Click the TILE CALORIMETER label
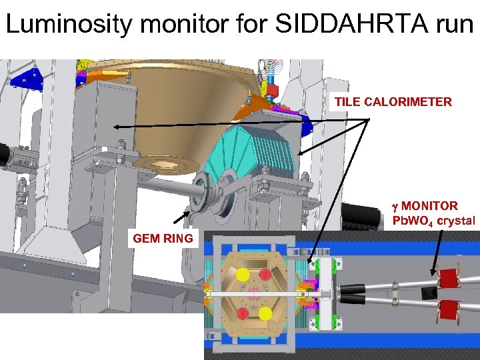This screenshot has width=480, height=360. (x=393, y=102)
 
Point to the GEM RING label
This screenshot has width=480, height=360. (x=163, y=238)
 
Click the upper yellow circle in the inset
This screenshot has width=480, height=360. (x=241, y=273)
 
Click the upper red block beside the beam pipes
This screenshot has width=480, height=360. (x=450, y=278)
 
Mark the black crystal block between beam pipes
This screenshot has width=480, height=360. (x=428, y=293)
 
